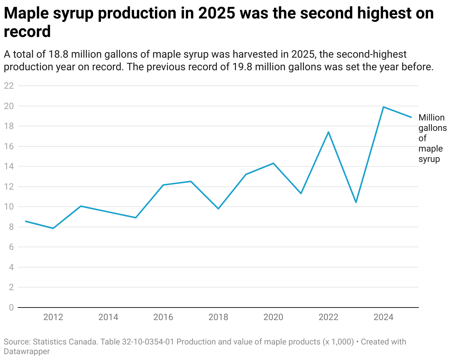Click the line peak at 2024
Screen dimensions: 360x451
point(383,107)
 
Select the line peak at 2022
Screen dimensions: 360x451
point(328,132)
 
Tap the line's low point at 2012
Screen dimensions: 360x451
point(53,228)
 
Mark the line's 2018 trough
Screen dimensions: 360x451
point(218,209)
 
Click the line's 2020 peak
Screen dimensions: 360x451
point(273,163)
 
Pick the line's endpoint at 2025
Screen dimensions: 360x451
point(411,117)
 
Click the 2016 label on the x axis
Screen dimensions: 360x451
point(163,317)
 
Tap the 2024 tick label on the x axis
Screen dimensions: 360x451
point(383,317)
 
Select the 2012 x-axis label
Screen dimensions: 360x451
point(53,317)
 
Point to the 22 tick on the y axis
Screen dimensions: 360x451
point(9,86)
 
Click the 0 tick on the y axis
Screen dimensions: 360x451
point(11,308)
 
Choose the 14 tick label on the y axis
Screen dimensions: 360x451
point(9,167)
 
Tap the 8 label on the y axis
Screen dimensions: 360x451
point(11,227)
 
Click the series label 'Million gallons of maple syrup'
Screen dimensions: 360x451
point(432,138)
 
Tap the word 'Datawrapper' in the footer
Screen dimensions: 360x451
point(27,351)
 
